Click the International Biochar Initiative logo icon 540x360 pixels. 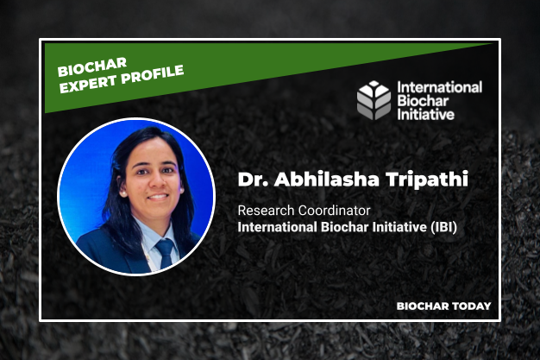[374, 100]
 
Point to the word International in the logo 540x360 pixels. [439, 87]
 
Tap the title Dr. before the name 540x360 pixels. [252, 180]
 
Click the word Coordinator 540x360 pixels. [331, 210]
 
